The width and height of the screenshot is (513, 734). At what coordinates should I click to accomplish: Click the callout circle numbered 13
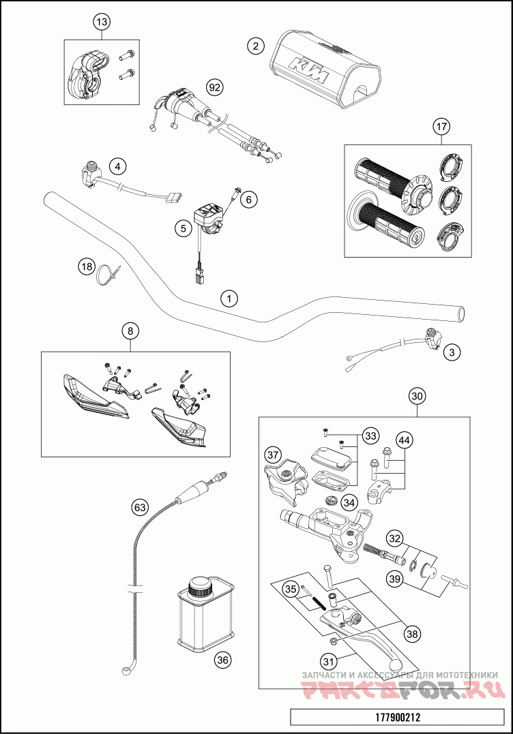(x=101, y=22)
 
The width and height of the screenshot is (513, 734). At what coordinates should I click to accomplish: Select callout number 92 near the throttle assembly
(x=216, y=87)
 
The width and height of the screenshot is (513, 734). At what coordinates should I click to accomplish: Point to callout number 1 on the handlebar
(x=229, y=298)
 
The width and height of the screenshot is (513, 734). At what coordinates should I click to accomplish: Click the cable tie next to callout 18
(x=108, y=275)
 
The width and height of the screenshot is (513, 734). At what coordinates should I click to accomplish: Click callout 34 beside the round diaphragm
(x=349, y=502)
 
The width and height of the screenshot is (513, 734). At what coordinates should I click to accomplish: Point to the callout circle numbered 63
(x=140, y=507)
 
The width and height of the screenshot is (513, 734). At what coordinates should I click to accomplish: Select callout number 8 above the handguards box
(x=131, y=331)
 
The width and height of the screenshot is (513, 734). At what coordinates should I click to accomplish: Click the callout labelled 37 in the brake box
(x=273, y=455)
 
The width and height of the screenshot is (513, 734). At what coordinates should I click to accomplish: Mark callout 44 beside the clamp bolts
(x=404, y=440)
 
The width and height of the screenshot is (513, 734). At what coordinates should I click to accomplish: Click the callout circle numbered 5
(x=182, y=228)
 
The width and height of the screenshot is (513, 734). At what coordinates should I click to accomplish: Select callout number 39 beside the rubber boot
(x=395, y=579)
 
